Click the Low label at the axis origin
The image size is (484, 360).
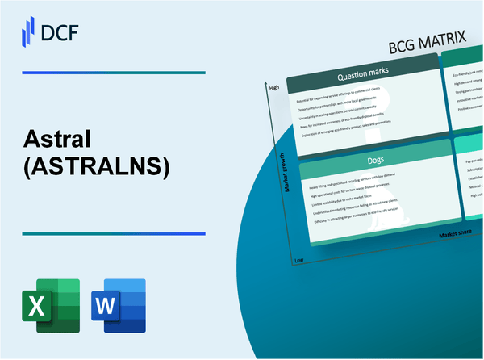298,261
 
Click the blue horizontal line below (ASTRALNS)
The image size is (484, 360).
113,233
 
